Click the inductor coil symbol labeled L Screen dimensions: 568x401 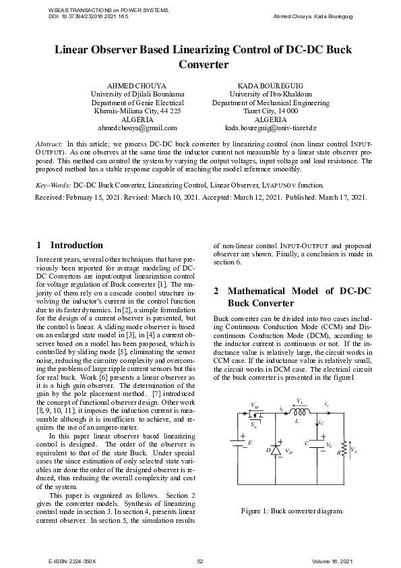(x=299, y=411)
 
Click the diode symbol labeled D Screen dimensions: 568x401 (x=275, y=449)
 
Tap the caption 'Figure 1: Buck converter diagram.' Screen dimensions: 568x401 (x=292, y=511)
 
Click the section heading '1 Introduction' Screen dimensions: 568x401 (x=69, y=246)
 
